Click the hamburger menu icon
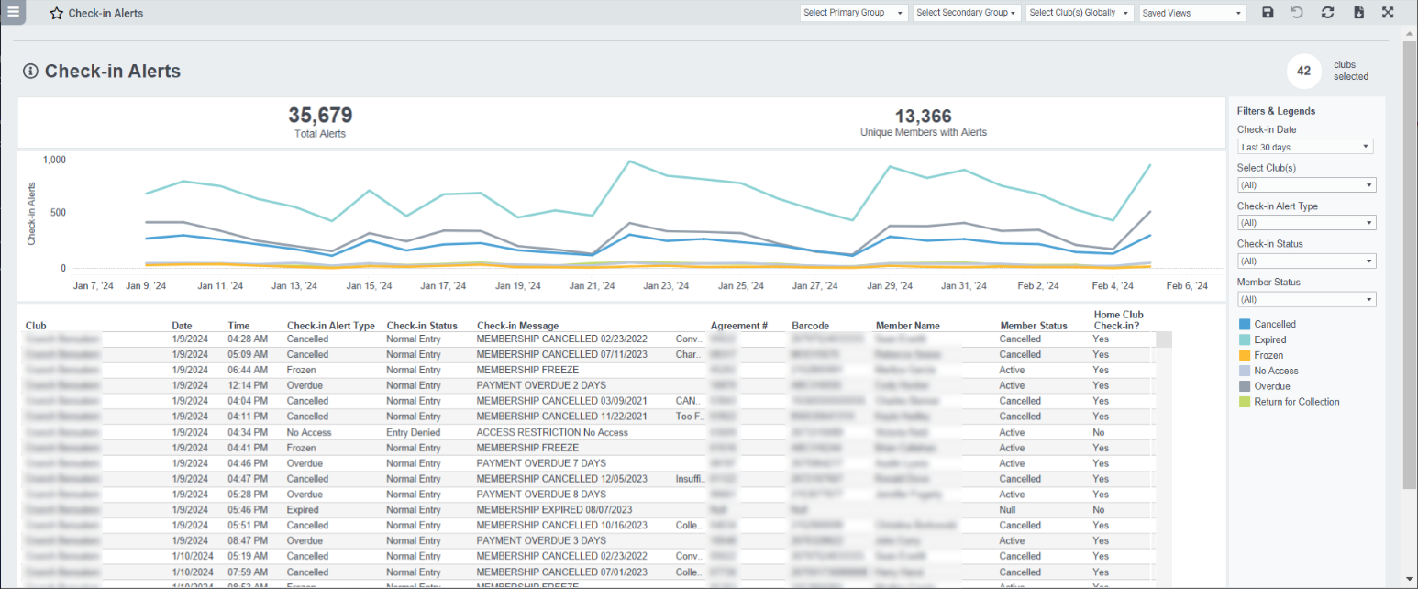pyautogui.click(x=13, y=13)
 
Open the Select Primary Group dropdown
pyautogui.click(x=854, y=13)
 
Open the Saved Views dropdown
pyautogui.click(x=1192, y=13)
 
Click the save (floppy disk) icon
pyautogui.click(x=1268, y=13)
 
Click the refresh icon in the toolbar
pyautogui.click(x=1327, y=13)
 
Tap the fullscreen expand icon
pyautogui.click(x=1388, y=13)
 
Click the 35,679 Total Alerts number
pyautogui.click(x=320, y=116)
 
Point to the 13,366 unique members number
pyautogui.click(x=923, y=117)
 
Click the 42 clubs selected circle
pyautogui.click(x=1303, y=71)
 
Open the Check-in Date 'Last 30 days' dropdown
pyautogui.click(x=1306, y=147)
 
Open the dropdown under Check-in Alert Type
pyautogui.click(x=1306, y=223)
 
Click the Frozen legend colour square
pyautogui.click(x=1245, y=355)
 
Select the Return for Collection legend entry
pyautogui.click(x=1296, y=402)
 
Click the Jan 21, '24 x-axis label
pyautogui.click(x=592, y=286)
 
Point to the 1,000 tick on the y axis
pyautogui.click(x=54, y=160)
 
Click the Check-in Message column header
pyautogui.click(x=517, y=326)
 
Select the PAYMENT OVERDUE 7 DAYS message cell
pyautogui.click(x=541, y=463)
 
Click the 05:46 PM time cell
pyautogui.click(x=247, y=510)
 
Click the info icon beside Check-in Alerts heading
pyautogui.click(x=30, y=72)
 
